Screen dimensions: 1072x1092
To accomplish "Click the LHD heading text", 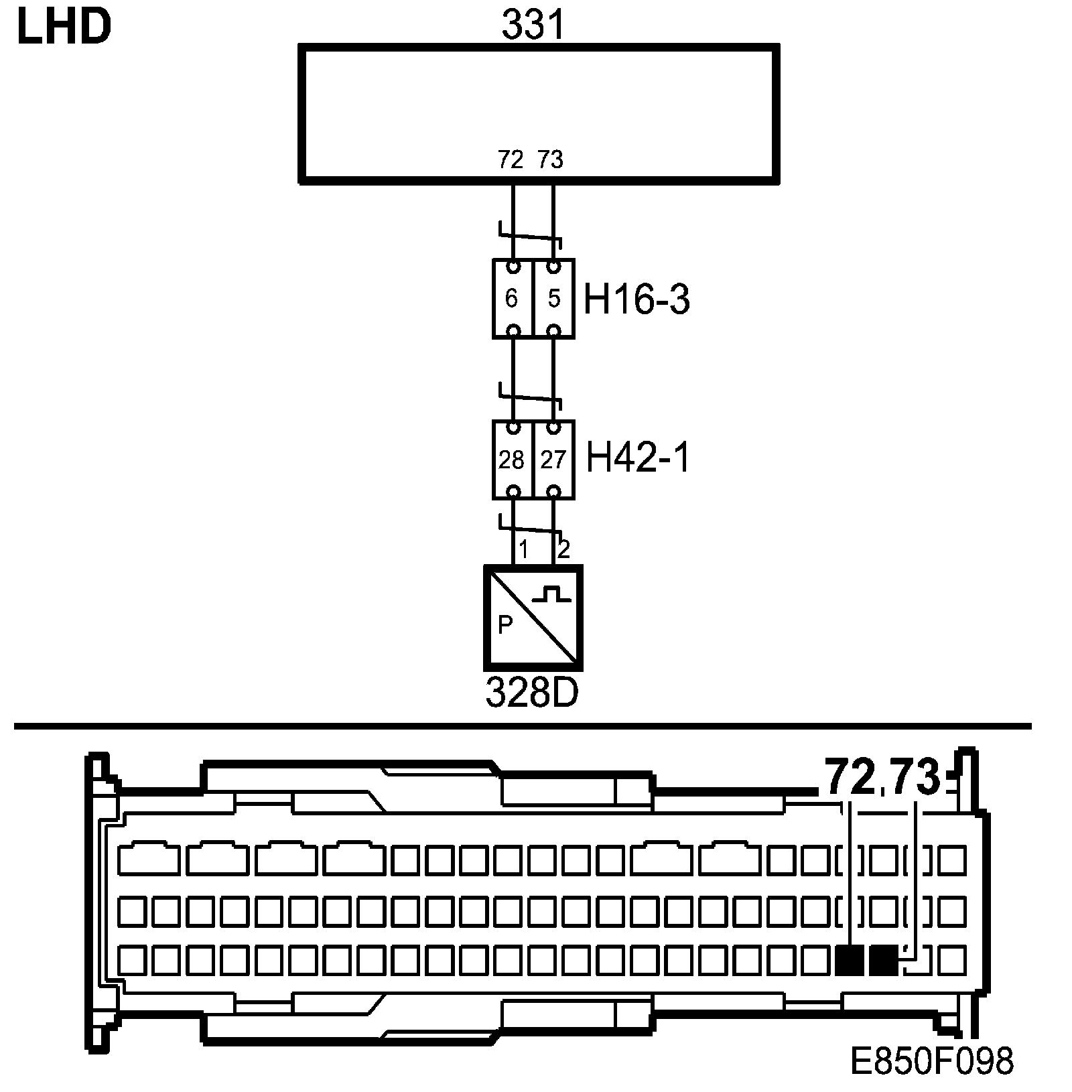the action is (63, 28).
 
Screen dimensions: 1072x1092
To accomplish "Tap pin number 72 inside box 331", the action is (511, 159).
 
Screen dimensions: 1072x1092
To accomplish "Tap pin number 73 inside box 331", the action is (550, 159).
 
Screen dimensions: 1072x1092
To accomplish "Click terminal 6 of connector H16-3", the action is (512, 299).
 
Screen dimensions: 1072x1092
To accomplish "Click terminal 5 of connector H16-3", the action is (553, 299).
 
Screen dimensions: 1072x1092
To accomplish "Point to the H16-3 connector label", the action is (636, 299).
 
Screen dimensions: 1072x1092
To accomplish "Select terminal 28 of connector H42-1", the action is (512, 460).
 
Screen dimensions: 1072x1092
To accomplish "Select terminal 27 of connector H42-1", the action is (553, 460).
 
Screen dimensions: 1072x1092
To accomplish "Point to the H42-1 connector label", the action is (637, 459).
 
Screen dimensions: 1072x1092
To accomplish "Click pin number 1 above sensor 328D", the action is (524, 550).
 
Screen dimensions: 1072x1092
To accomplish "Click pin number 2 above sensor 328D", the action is (563, 549).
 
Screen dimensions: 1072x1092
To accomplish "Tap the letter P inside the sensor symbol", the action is (505, 625).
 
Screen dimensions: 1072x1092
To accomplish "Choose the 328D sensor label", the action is (531, 694).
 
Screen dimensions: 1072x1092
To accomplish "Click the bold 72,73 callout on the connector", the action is (882, 778).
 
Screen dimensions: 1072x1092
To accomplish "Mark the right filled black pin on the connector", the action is (884, 961).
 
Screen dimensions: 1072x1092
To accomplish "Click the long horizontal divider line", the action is (523, 726).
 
